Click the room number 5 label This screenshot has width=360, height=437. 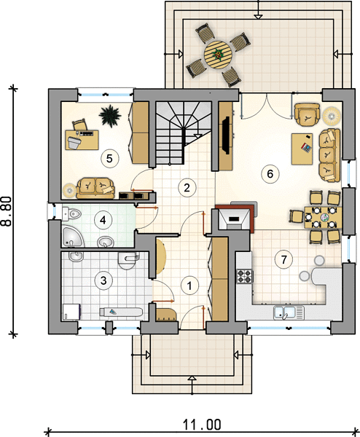pos(109,158)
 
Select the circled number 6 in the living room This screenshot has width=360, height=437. pos(270,174)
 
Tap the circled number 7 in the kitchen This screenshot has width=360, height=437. pos(283,259)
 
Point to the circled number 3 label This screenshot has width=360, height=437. pos(103,280)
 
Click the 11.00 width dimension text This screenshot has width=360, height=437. pos(202,425)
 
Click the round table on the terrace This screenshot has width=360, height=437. pos(217,55)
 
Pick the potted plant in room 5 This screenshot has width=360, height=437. pos(110,116)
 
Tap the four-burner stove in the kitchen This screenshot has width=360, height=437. pos(245,276)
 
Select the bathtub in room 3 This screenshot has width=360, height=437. pos(121,312)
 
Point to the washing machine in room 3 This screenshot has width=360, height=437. pos(71,312)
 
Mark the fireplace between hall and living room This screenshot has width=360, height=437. pos(235,217)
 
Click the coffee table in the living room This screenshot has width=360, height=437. pos(302,149)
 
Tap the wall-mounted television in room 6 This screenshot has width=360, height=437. pos(226,135)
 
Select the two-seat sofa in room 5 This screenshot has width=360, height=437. pos(95,188)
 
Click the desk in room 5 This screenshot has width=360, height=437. pos(82,140)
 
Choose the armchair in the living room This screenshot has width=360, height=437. pos(307,114)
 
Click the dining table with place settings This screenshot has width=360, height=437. pos(323,217)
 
